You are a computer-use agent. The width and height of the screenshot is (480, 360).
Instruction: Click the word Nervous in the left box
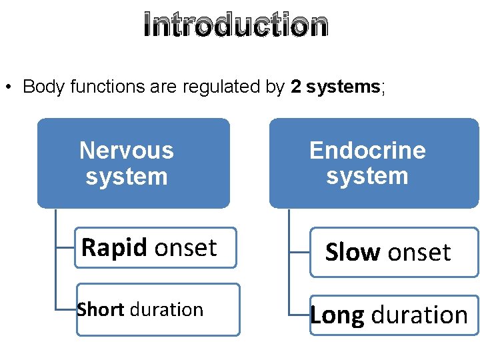pyautogui.click(x=127, y=151)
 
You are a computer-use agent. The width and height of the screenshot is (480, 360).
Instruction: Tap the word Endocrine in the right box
pyautogui.click(x=367, y=150)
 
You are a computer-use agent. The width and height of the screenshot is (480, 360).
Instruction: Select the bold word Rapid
pyautogui.click(x=114, y=248)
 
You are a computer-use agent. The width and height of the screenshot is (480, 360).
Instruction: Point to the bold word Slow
pyautogui.click(x=352, y=253)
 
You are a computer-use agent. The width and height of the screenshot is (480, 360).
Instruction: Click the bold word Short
pyautogui.click(x=101, y=310)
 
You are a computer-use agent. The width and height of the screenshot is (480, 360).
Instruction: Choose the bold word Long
pyautogui.click(x=337, y=315)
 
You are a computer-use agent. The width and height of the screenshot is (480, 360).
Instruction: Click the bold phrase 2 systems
pyautogui.click(x=335, y=87)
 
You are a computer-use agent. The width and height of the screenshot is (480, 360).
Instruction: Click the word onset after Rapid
pyautogui.click(x=185, y=248)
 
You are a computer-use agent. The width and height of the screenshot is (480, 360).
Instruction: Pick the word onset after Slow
pyautogui.click(x=419, y=253)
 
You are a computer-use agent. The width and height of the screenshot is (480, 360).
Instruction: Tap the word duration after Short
pyautogui.click(x=167, y=310)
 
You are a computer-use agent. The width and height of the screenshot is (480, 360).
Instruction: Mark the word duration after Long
pyautogui.click(x=419, y=315)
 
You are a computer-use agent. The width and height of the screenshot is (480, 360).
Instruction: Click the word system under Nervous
pyautogui.click(x=127, y=177)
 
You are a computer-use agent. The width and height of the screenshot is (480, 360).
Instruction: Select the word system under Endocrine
pyautogui.click(x=367, y=176)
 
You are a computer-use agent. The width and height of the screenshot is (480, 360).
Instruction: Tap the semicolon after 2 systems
pyautogui.click(x=383, y=87)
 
